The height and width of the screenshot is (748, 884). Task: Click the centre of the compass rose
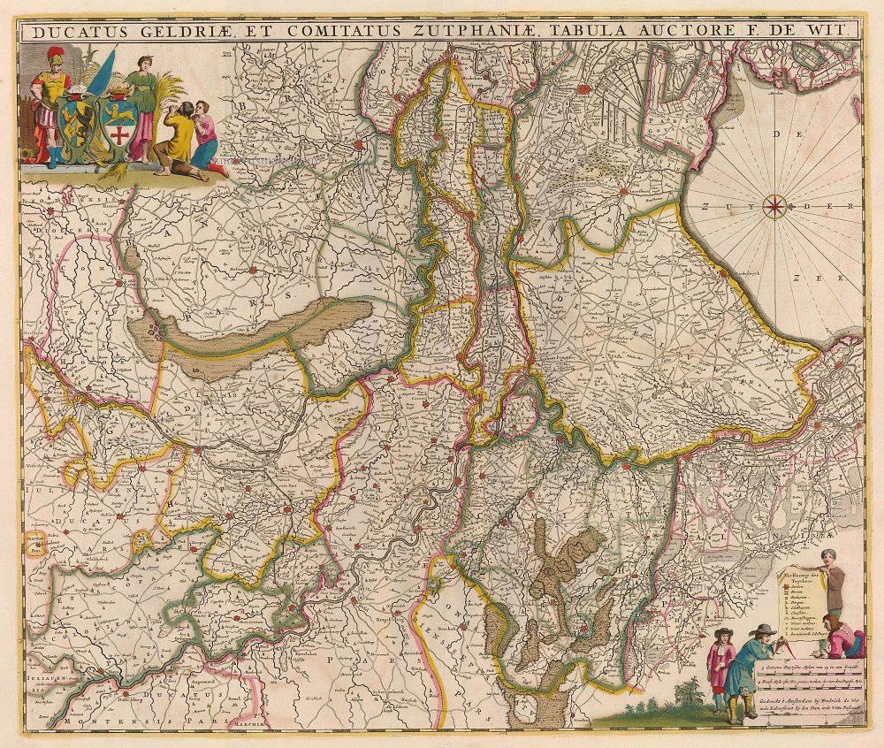(775, 206)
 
